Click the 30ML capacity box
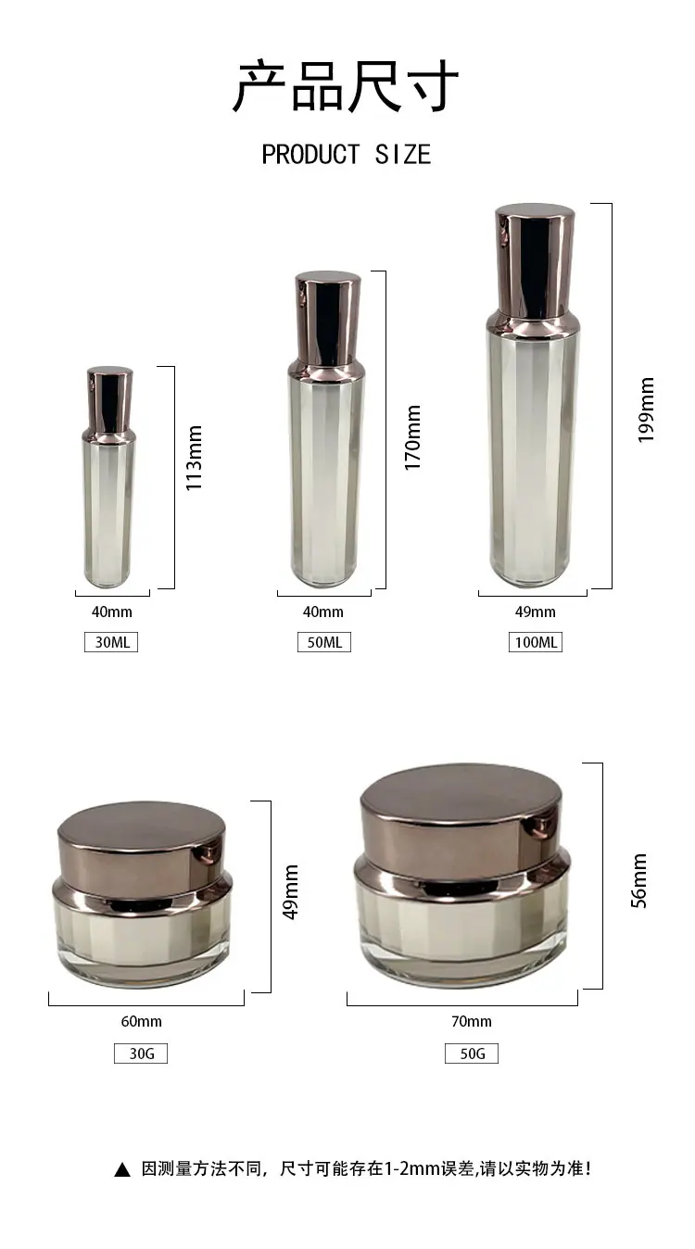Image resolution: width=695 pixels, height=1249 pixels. (x=111, y=642)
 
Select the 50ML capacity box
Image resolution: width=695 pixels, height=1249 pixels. (x=324, y=642)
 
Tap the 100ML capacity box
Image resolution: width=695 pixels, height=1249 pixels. (x=536, y=642)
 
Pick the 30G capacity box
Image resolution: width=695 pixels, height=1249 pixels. (x=141, y=1053)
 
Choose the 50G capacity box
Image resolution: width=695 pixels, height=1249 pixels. (x=472, y=1053)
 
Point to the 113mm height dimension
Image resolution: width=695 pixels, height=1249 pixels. (x=194, y=458)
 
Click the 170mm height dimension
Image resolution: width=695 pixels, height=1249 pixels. (x=412, y=437)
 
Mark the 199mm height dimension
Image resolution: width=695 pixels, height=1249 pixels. (x=646, y=410)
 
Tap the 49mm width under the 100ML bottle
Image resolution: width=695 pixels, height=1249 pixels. (x=535, y=612)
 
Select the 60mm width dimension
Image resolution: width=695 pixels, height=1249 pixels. (x=141, y=1021)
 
